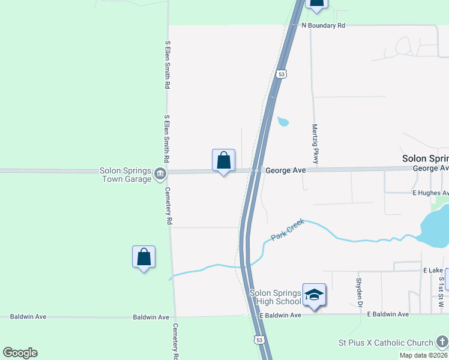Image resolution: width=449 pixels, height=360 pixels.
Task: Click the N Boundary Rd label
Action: [x=324, y=26]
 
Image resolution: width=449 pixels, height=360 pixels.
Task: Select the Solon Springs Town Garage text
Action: [x=125, y=175]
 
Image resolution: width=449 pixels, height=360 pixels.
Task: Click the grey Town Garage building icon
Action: [x=160, y=175]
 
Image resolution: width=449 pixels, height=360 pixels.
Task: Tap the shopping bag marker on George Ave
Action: [x=223, y=161]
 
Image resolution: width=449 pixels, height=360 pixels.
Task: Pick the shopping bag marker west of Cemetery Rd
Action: [x=143, y=257]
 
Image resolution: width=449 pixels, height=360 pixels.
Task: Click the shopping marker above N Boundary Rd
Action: [x=316, y=3]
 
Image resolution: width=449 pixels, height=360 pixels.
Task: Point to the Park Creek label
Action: [x=288, y=230]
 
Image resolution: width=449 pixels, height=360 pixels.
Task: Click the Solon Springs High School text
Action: [x=275, y=297]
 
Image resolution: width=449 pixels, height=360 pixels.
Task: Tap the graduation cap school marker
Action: [x=314, y=295]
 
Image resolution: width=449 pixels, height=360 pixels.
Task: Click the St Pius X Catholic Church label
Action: [x=385, y=343]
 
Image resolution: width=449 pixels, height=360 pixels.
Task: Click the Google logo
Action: [x=20, y=353]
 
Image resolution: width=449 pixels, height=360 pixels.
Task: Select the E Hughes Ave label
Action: [x=430, y=193]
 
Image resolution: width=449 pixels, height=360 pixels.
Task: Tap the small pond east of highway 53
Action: [x=282, y=122]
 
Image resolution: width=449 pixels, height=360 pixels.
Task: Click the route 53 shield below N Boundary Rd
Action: [x=281, y=74]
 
